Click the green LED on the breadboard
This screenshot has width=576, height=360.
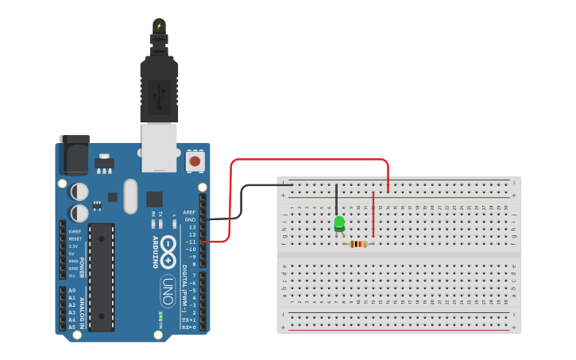[x=339, y=223]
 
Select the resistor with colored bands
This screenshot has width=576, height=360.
[x=359, y=244]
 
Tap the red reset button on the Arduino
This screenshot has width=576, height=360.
[x=194, y=161]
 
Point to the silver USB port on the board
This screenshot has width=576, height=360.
[x=159, y=147]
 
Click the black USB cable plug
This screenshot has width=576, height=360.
[x=159, y=87]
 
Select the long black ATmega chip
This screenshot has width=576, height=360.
[x=102, y=277]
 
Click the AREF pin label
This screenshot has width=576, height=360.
[x=189, y=212]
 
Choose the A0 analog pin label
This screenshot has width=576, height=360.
[x=72, y=291]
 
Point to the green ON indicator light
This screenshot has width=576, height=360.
[x=160, y=316]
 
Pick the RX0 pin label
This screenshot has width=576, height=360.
[x=188, y=327]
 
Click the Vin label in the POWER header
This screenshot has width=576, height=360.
[x=72, y=275]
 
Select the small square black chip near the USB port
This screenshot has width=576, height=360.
[x=154, y=199]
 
